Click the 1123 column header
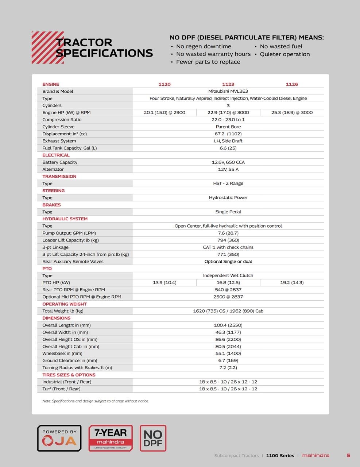[228, 84]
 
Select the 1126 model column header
[292, 84]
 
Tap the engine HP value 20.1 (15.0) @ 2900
[164, 112]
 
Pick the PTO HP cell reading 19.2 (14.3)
[292, 282]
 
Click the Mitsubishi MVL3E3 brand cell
[228, 91]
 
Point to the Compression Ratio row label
[62, 120]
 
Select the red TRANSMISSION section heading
[59, 176]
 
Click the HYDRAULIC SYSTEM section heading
[65, 219]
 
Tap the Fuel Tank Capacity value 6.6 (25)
[228, 148]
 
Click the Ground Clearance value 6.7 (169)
[228, 360]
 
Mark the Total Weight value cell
[228, 311]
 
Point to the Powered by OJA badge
[59, 438]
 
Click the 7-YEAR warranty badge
[111, 438]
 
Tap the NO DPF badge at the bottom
[153, 438]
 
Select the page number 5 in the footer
[348, 455]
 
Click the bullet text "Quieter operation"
[284, 54]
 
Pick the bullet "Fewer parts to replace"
[208, 62]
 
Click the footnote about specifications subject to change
[96, 401]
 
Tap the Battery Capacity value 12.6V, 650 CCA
[228, 162]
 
